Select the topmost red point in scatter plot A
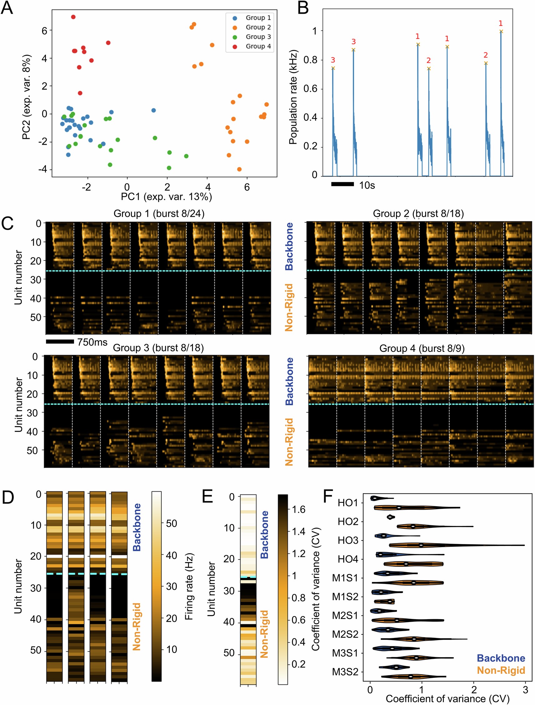click(x=73, y=17)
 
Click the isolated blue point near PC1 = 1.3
click(x=153, y=110)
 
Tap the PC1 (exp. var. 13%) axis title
click(x=166, y=197)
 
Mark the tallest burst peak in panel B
click(x=501, y=32)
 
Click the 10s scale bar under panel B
click(x=342, y=184)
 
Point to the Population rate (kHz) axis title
click(x=293, y=97)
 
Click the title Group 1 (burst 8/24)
click(x=159, y=213)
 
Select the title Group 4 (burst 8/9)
click(x=422, y=348)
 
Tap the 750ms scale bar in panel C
click(x=60, y=342)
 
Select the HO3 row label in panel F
click(x=348, y=541)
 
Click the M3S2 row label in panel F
click(x=345, y=672)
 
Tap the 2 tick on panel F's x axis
click(x=474, y=690)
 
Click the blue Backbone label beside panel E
click(x=265, y=534)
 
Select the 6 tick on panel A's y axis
click(x=44, y=31)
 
